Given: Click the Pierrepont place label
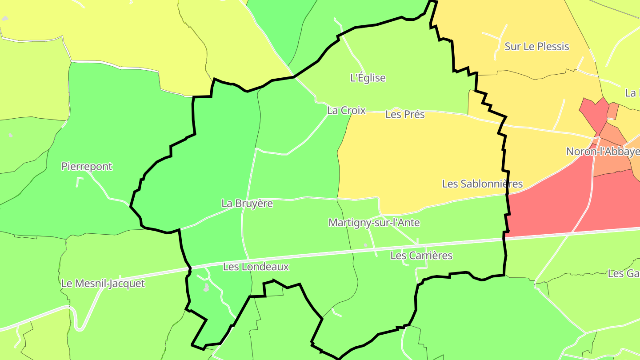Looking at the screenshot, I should coord(87,167).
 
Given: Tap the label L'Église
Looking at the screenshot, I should coord(368,78).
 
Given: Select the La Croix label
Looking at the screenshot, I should coord(346,110).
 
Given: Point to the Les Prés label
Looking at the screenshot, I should coord(405,114).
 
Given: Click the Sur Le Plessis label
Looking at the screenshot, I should coord(537,46).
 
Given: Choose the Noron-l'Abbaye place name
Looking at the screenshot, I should coord(603,152).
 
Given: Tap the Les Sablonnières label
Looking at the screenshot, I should coord(482,184).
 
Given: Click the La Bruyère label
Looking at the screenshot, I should coord(247,204).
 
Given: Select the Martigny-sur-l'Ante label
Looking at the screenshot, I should coord(374,223).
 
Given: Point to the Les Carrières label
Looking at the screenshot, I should coord(421,256).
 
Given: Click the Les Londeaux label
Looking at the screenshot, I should coord(256,267).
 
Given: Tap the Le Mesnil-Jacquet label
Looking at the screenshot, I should coord(103,283).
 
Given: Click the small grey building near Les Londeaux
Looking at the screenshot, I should coord(206,288).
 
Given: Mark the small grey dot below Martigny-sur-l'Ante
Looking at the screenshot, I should coord(366,245).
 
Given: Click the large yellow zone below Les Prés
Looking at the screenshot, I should coord(422,160).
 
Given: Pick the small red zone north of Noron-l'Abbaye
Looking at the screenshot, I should coord(593,111).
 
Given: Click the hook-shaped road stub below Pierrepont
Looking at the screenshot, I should coord(79,181).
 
